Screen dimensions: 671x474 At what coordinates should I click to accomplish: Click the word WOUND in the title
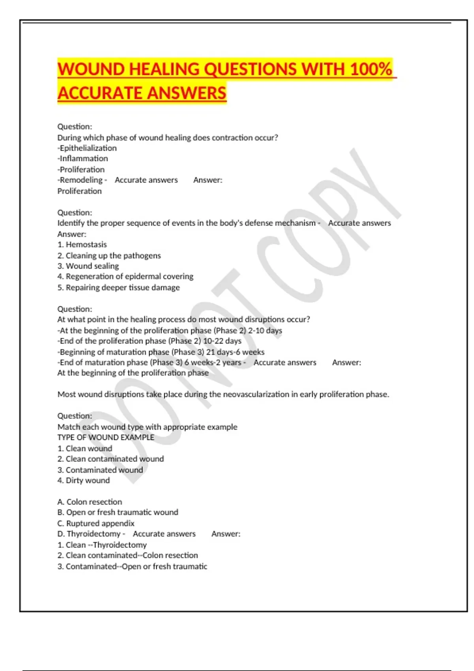91,69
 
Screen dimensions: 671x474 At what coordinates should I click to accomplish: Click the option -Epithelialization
87,148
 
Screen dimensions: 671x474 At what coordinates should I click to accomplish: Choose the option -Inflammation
83,159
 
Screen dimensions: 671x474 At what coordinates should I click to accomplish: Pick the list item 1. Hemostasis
82,245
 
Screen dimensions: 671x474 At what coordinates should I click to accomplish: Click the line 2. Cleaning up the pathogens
109,255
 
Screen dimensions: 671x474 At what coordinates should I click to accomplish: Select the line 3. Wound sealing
88,266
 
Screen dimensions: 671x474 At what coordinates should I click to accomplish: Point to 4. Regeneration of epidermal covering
125,277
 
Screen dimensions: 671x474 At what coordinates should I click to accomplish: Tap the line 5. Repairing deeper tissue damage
118,287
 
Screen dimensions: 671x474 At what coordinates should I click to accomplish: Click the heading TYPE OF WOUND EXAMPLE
106,437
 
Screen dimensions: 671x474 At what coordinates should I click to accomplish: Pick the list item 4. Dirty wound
84,480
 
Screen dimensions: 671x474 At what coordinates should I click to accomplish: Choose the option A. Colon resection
90,502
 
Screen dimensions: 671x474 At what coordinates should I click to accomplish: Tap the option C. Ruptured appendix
96,523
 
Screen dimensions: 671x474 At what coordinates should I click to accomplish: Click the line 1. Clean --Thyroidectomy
102,545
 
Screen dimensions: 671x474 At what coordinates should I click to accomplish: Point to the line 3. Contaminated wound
100,470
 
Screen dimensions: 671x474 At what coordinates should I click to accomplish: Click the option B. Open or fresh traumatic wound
118,512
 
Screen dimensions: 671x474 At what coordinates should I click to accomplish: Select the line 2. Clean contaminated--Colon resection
128,555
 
